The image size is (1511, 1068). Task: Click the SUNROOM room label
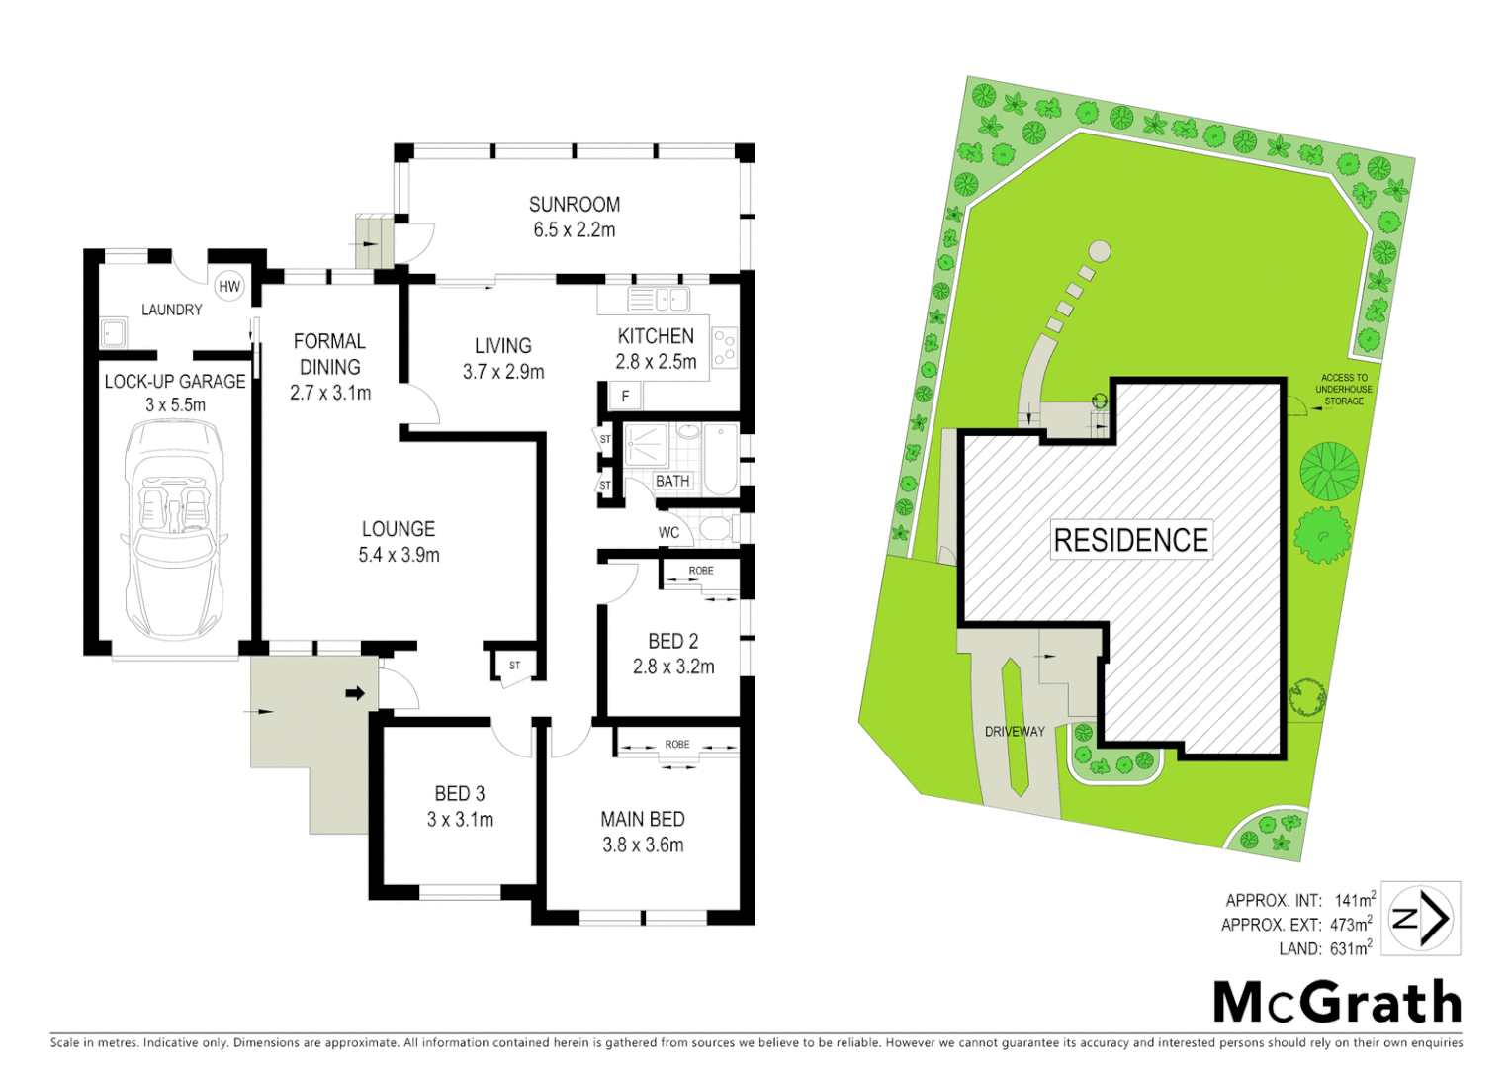(574, 205)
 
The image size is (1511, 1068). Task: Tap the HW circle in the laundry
(229, 287)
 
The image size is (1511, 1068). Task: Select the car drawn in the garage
(175, 529)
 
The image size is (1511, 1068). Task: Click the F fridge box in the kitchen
(625, 397)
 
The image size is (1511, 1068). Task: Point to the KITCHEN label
(656, 336)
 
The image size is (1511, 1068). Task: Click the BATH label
(672, 481)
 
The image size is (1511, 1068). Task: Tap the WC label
(669, 533)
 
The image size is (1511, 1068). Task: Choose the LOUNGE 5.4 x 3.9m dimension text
(399, 556)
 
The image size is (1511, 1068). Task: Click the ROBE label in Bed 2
(701, 571)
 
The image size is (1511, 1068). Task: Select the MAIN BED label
(643, 819)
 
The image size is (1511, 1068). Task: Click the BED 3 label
(460, 794)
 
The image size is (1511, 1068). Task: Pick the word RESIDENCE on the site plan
(1130, 540)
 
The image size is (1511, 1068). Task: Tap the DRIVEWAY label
(1015, 732)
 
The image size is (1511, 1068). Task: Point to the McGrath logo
(1337, 1003)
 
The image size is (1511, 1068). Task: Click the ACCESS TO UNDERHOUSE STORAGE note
(1344, 389)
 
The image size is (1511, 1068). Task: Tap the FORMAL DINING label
(329, 354)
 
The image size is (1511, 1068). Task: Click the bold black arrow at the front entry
(354, 694)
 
